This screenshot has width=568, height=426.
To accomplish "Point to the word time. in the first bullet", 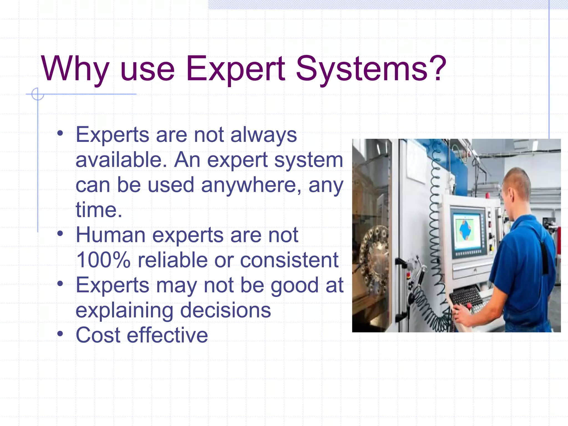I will pos(99,210).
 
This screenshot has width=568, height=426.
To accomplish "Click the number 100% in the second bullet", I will pos(103,260).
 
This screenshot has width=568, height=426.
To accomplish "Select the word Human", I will pos(110,235).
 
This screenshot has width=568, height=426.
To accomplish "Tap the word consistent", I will pos(289,260).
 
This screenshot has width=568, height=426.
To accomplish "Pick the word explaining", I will pos(124,311).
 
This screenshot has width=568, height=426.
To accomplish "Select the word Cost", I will pos(98,335).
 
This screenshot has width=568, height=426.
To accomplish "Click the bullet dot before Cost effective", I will pos(60,333).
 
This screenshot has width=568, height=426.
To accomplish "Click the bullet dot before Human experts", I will pos(60,233).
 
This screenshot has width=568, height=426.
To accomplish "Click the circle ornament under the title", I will pos(37,94).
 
